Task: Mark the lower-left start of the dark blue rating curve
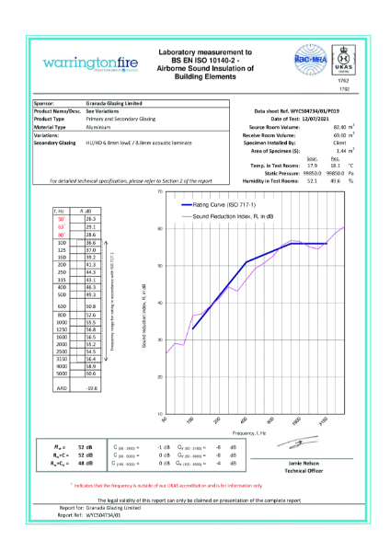pyautogui.click(x=193, y=354)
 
